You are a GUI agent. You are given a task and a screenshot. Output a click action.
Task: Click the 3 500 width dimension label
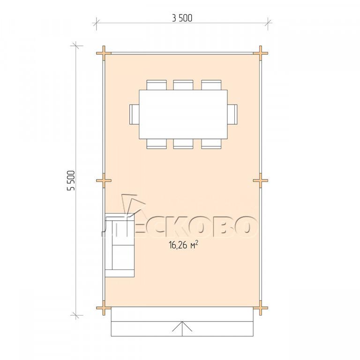[x=182, y=18]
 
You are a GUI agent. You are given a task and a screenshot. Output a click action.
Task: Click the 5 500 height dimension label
[x=71, y=180]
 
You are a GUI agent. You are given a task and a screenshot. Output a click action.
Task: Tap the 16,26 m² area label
[x=183, y=245]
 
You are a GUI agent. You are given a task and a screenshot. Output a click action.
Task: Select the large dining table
[x=183, y=114]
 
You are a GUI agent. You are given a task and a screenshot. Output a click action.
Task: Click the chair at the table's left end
[x=134, y=114]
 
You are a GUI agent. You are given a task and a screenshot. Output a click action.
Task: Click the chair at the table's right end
[x=232, y=114]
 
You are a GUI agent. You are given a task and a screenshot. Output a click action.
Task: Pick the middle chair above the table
[x=183, y=85]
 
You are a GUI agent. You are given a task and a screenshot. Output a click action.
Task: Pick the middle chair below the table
[x=183, y=144]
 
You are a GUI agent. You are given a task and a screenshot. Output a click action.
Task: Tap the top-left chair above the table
[x=157, y=85]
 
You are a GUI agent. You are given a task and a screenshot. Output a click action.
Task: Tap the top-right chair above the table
[x=211, y=85]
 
